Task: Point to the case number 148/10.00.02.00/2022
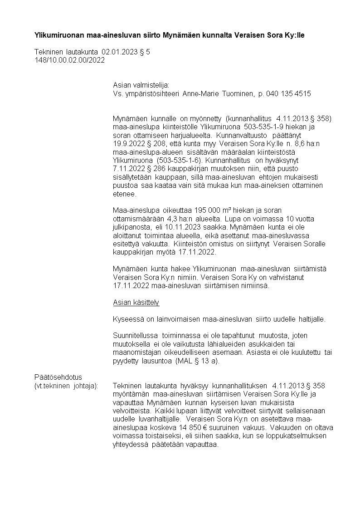(69, 60)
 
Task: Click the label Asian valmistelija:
(141, 85)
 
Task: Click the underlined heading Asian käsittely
(136, 302)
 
